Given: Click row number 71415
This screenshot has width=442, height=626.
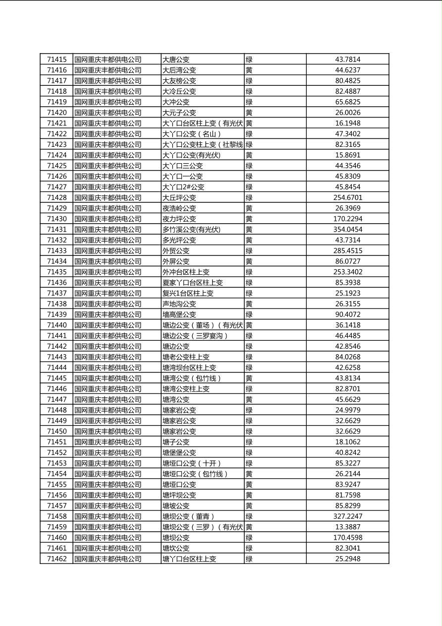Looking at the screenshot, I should pyautogui.click(x=56, y=60).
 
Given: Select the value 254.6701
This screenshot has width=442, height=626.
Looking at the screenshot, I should pyautogui.click(x=347, y=197).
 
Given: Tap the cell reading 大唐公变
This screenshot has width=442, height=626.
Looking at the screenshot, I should pyautogui.click(x=176, y=60).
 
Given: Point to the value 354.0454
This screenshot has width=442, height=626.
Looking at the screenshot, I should pyautogui.click(x=347, y=229).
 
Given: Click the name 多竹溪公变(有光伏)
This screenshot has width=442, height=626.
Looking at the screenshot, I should pyautogui.click(x=191, y=229).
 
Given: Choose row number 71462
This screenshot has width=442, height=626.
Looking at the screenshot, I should pyautogui.click(x=56, y=559).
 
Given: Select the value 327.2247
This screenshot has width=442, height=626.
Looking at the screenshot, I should pyautogui.click(x=347, y=516).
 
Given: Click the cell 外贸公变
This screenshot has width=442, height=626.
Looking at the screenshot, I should pyautogui.click(x=176, y=250).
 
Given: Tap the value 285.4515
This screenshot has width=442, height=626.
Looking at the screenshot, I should pyautogui.click(x=347, y=250).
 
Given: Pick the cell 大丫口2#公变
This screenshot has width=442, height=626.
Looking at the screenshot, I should pyautogui.click(x=183, y=187).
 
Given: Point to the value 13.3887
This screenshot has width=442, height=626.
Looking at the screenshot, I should pyautogui.click(x=347, y=527).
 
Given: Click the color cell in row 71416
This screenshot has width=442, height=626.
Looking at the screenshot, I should pyautogui.click(x=249, y=70).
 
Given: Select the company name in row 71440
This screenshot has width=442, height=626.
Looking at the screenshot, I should pyautogui.click(x=108, y=325).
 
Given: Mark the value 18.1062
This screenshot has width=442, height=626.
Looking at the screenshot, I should pyautogui.click(x=347, y=442).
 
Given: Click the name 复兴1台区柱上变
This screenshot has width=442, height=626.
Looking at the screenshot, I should pyautogui.click(x=188, y=293).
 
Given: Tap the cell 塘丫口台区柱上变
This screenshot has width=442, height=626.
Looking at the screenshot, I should pyautogui.click(x=189, y=559).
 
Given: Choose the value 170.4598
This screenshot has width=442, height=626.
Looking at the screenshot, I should pyautogui.click(x=347, y=537).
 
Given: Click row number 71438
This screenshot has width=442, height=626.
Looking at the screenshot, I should pyautogui.click(x=56, y=304).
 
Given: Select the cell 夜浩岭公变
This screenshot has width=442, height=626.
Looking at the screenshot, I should pyautogui.click(x=179, y=208).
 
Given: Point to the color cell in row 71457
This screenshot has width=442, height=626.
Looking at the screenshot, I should pyautogui.click(x=249, y=505).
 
